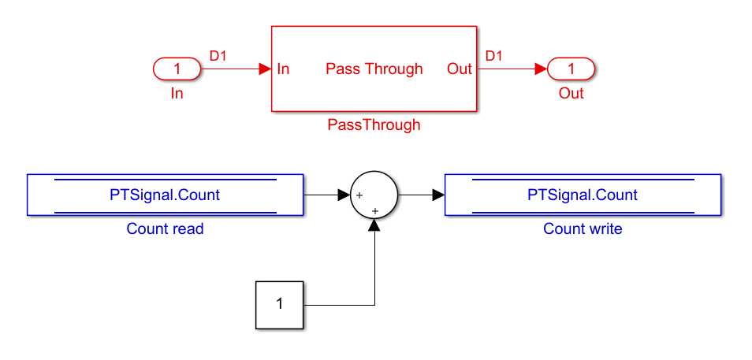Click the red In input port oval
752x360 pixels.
pos(177,69)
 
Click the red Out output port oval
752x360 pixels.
pos(571,69)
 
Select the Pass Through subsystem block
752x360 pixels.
pos(374,47)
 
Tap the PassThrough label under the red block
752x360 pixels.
pos(374,124)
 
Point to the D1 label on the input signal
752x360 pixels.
pos(218,56)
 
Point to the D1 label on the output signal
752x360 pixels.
pos(494,56)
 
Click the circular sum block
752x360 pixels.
pos(374,194)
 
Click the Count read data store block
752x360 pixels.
pos(165,195)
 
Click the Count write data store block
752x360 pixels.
pos(583,195)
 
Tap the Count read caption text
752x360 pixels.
pos(165,229)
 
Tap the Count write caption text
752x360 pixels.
pos(583,229)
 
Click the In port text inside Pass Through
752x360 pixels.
pos(284,69)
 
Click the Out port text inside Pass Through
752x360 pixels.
pos(459,69)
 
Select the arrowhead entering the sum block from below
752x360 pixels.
pos(374,225)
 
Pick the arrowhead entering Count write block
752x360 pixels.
pos(438,194)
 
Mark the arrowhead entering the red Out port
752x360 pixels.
pos(541,69)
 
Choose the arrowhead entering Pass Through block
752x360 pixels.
pos(265,69)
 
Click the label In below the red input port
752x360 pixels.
pos(177,93)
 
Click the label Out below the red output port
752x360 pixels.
pos(571,93)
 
